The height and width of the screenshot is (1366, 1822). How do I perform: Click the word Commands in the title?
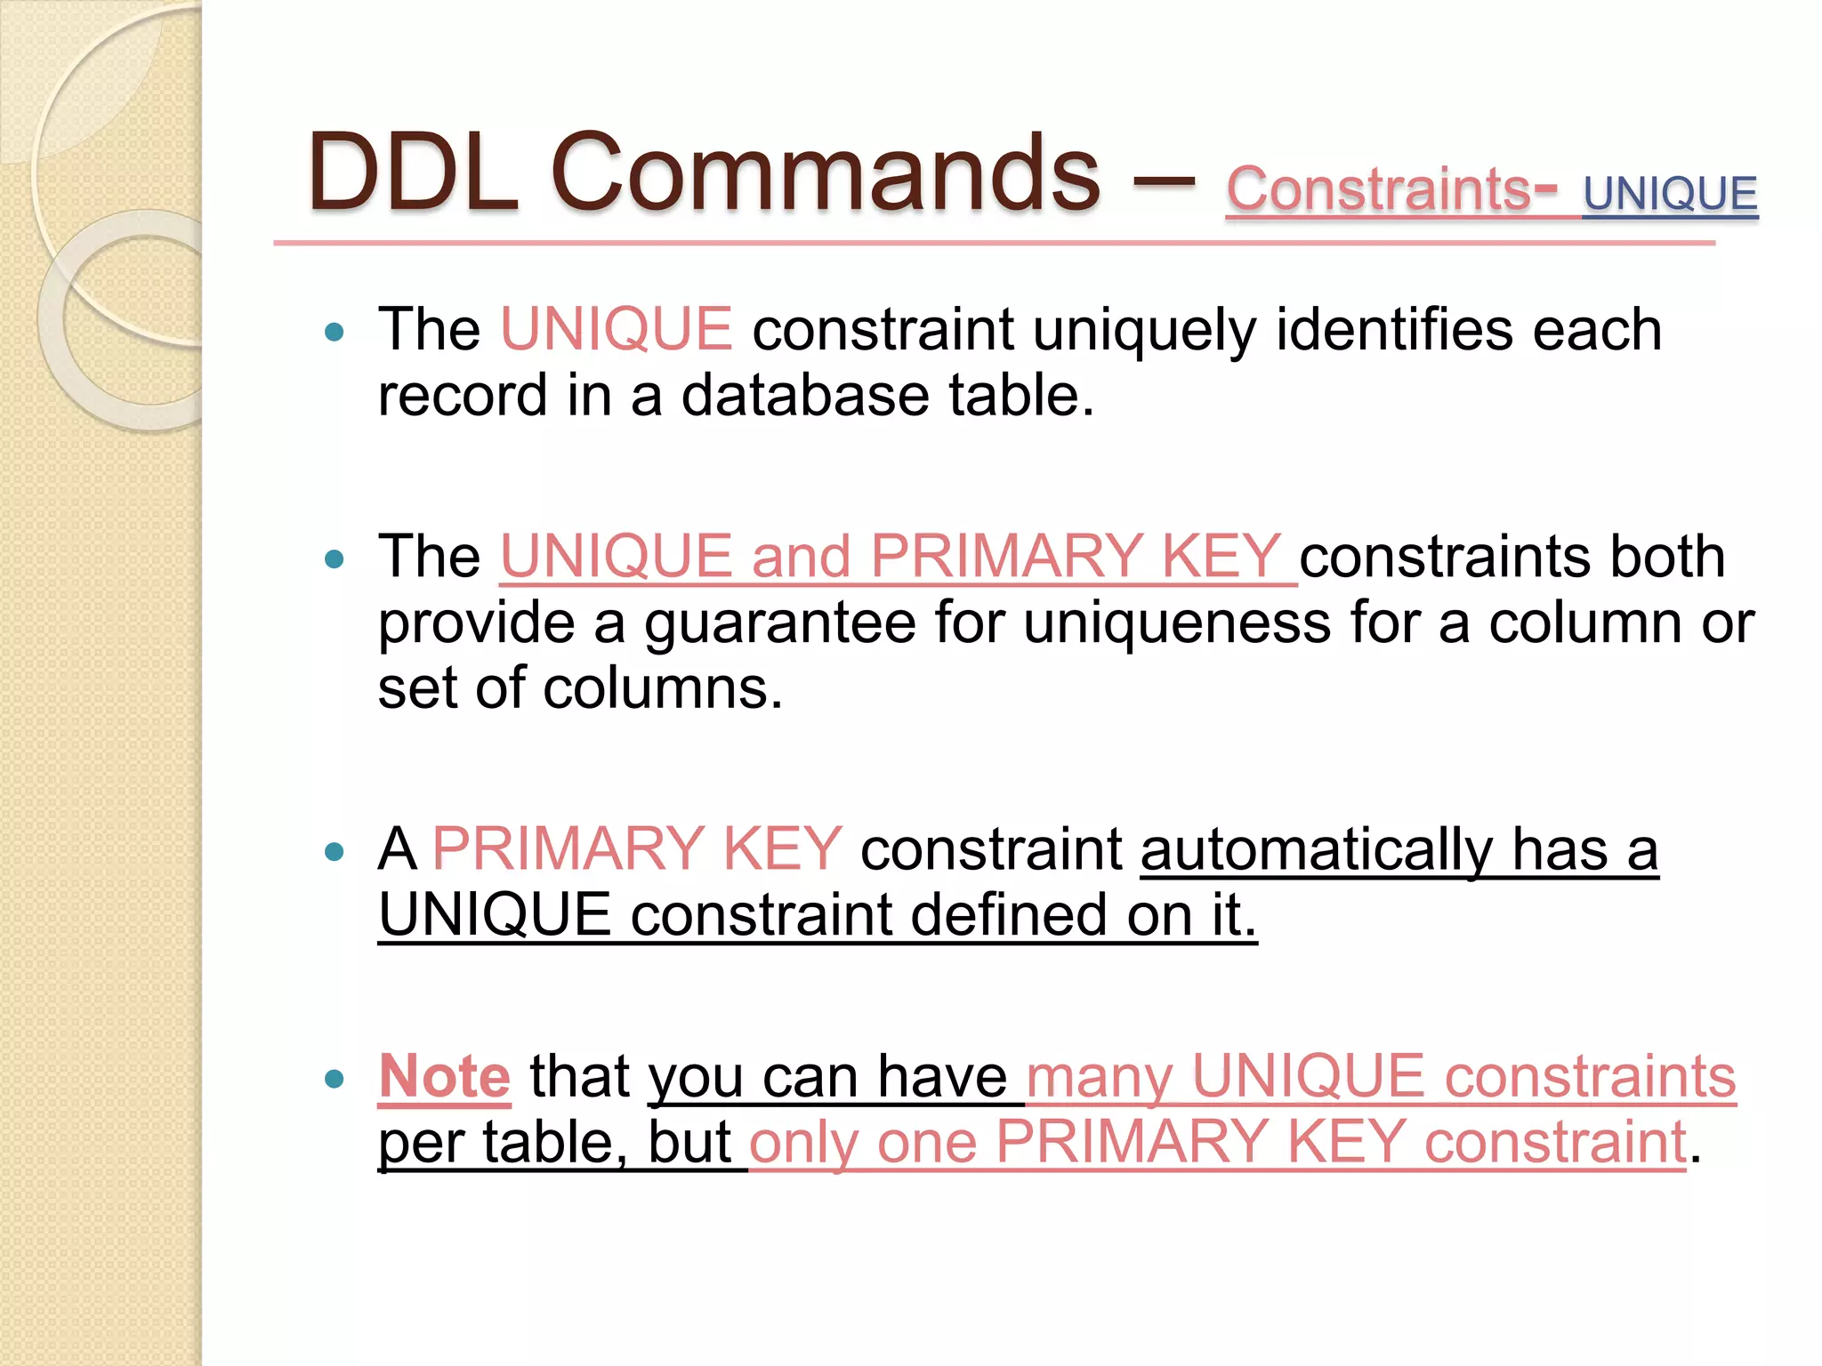pyautogui.click(x=826, y=173)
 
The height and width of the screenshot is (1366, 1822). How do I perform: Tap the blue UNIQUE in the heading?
pyautogui.click(x=1670, y=194)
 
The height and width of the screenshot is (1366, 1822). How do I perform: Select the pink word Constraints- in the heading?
pyautogui.click(x=1391, y=189)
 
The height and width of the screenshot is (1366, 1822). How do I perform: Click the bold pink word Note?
pyautogui.click(x=444, y=1076)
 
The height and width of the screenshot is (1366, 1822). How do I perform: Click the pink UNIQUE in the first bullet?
pyautogui.click(x=617, y=329)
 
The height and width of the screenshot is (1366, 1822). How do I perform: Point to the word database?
pyautogui.click(x=804, y=396)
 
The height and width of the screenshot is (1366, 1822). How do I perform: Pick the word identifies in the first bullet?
pyautogui.click(x=1393, y=329)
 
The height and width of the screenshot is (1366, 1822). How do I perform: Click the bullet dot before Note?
pyautogui.click(x=335, y=1080)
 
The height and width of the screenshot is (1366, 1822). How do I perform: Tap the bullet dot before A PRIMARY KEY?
pyautogui.click(x=335, y=852)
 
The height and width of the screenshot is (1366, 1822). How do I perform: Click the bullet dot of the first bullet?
pyautogui.click(x=335, y=333)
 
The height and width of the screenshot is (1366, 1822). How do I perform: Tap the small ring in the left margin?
pyautogui.click(x=133, y=320)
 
